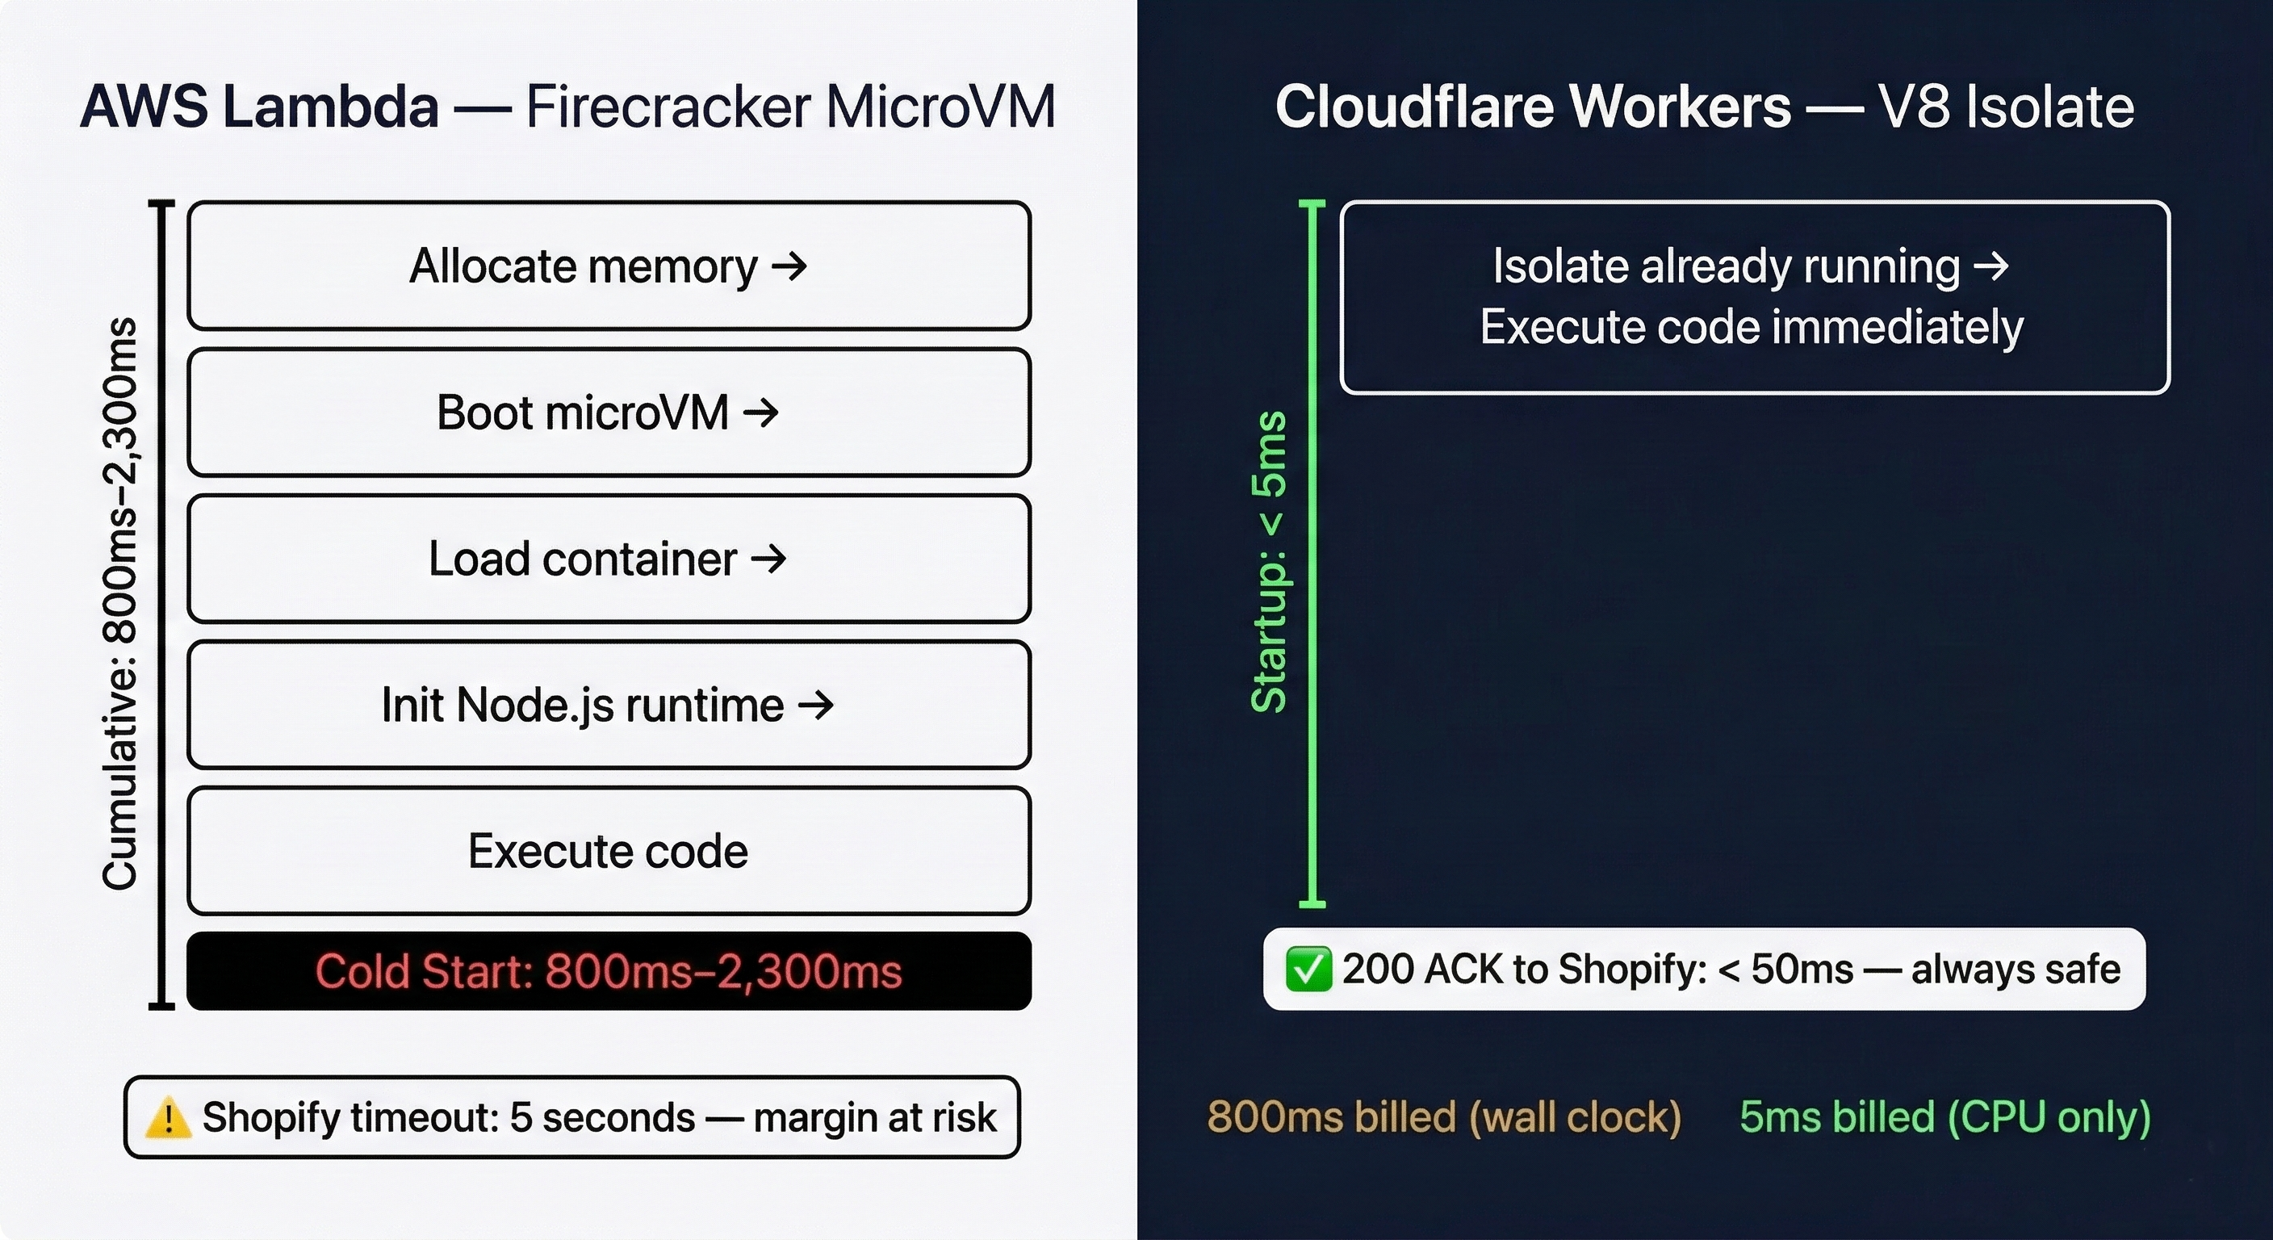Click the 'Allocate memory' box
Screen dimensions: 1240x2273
coord(609,266)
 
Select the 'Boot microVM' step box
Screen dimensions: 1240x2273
coord(609,413)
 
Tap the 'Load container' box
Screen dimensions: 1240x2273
coord(609,559)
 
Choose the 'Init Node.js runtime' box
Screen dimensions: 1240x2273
coord(609,705)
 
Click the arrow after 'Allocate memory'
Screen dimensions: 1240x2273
coord(789,266)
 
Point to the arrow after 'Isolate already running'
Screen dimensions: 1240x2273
coord(1990,266)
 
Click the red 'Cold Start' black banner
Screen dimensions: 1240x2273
coord(609,971)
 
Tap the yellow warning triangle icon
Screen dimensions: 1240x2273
coord(167,1118)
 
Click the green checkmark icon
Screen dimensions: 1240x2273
coord(1308,970)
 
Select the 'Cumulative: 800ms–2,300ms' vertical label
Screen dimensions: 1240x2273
coord(120,604)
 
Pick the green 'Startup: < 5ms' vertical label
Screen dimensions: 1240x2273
coord(1270,562)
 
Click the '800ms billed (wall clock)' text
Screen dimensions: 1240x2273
coord(1443,1117)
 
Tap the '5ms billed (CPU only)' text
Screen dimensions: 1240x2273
coord(1944,1117)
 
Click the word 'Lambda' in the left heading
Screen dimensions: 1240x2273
coord(330,107)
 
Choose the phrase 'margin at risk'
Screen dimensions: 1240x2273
coord(874,1118)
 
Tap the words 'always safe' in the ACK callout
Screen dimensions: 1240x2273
coord(2016,970)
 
